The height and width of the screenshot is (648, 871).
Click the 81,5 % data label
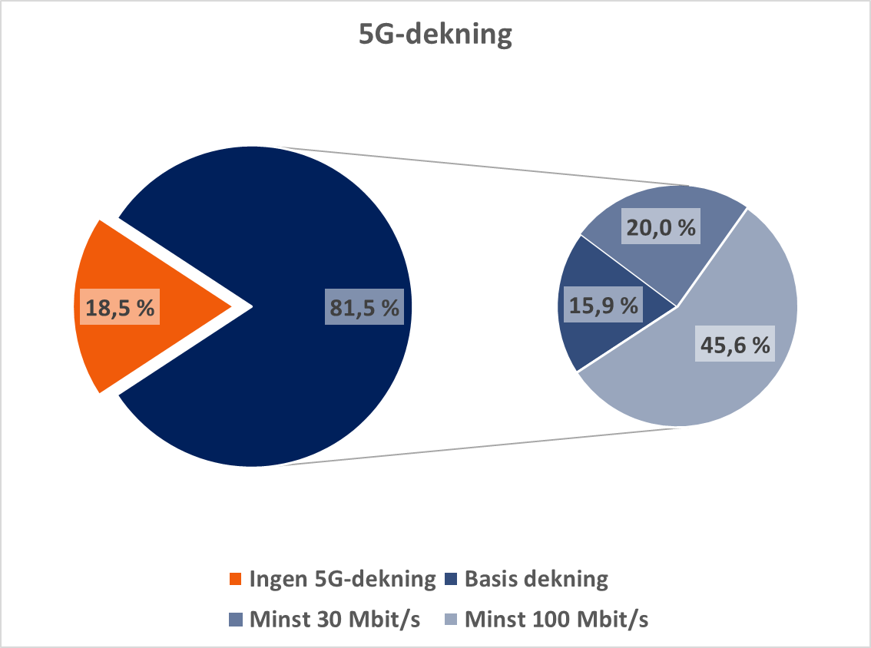point(364,308)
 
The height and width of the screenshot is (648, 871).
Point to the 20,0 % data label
point(661,228)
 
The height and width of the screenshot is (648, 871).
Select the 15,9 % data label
point(604,305)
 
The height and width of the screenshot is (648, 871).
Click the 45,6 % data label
point(734,345)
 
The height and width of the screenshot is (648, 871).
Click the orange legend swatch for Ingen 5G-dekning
point(235,579)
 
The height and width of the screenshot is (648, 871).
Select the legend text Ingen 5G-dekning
point(342,579)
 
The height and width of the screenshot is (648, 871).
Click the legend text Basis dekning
point(536,579)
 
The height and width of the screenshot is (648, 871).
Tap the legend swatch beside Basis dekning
point(452,579)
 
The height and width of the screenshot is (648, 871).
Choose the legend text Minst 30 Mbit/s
point(335,619)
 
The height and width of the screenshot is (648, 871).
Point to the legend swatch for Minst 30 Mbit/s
point(235,619)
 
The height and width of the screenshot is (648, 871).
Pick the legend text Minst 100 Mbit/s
point(557,619)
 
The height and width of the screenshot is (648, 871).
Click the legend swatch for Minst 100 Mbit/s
point(452,619)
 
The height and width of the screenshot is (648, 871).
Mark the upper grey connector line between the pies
point(484,166)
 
